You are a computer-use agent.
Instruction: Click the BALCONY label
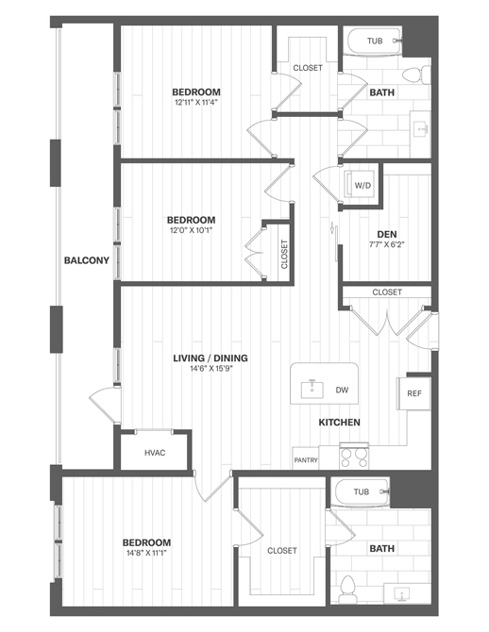pos(87,260)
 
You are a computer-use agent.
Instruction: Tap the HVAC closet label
pos(155,453)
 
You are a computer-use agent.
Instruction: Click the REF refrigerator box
pos(414,393)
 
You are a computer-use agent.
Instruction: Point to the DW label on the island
pos(342,391)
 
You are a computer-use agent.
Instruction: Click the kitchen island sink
pos(312,390)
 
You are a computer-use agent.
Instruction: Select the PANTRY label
pos(306,460)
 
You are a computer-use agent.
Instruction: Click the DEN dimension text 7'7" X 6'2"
pos(387,244)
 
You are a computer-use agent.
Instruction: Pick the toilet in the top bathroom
pos(416,75)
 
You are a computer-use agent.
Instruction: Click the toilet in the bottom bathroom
pos(347,589)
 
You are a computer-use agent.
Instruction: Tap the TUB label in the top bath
pos(375,41)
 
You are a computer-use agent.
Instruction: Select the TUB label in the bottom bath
pos(362,491)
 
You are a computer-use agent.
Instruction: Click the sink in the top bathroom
pos(422,128)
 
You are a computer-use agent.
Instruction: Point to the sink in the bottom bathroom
pos(401,593)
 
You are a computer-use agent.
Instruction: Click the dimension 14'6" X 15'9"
pos(211,368)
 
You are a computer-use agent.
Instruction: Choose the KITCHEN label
pos(339,423)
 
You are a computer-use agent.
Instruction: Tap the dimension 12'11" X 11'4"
pos(196,102)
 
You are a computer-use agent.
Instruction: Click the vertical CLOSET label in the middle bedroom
pos(284,255)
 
